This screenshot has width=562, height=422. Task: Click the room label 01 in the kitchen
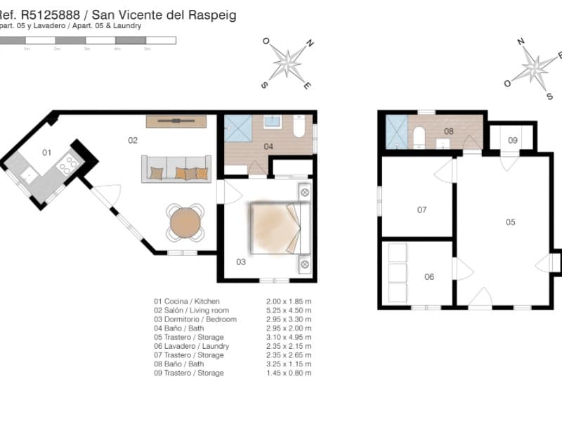pos(46,152)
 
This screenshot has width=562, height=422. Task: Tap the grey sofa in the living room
pos(176,170)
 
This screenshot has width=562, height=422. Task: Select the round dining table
pos(185,222)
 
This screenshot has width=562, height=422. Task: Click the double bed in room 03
pos(280,229)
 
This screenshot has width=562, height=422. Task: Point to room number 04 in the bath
pos(268,147)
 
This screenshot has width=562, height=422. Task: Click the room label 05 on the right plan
pos(510,222)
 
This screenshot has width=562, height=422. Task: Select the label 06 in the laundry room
pos(429,276)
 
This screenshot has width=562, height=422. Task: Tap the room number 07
pos(421,210)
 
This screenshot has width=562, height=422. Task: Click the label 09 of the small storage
pos(513,141)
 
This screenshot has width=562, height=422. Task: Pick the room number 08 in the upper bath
pos(449,131)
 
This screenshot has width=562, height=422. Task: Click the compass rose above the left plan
pos(287,61)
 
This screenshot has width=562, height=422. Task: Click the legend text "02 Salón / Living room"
pos(191,309)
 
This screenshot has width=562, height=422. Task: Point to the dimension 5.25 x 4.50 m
pos(284,309)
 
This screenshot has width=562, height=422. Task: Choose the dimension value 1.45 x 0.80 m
pos(284,373)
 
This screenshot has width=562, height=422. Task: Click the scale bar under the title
pos(88,41)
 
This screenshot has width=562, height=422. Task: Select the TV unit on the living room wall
pos(176,122)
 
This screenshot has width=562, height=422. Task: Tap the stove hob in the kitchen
pos(70,165)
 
